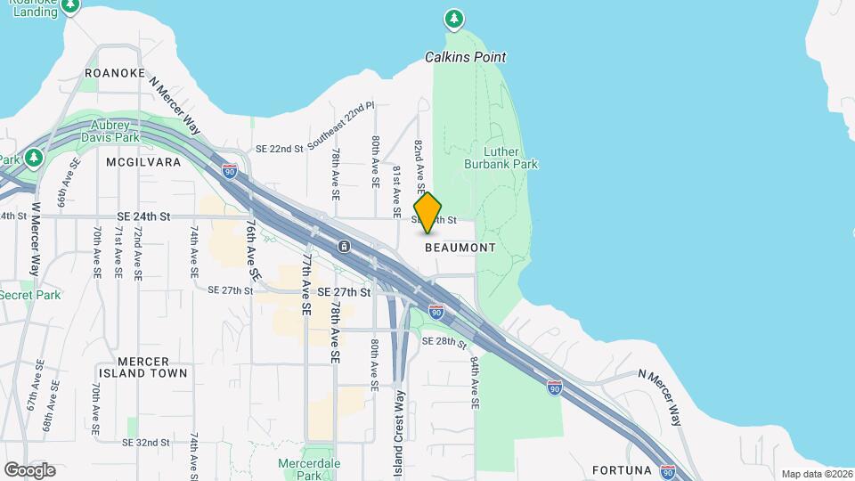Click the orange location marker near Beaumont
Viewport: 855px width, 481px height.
click(x=427, y=212)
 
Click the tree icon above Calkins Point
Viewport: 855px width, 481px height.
click(x=454, y=18)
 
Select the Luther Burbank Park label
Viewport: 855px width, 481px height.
click(x=501, y=158)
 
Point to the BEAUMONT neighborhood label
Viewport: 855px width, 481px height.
click(x=460, y=248)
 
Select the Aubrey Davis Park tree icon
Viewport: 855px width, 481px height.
click(x=34, y=158)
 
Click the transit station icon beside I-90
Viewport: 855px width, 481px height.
click(x=344, y=246)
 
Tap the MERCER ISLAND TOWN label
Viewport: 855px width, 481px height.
click(x=134, y=367)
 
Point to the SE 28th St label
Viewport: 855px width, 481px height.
click(x=444, y=341)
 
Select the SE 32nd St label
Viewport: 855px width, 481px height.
click(x=146, y=442)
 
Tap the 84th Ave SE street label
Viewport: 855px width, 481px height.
click(x=476, y=383)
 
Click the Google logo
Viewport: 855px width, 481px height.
click(x=29, y=470)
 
